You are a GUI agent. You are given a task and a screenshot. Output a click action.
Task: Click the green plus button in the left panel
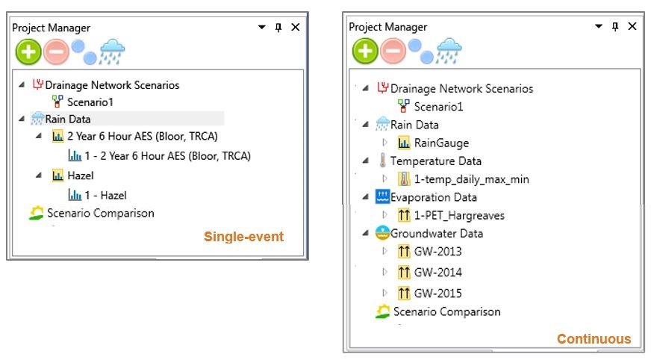pos(28,50)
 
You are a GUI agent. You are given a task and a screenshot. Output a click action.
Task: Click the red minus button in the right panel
pos(393,52)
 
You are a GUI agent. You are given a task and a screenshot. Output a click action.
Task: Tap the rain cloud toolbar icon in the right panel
pos(448,51)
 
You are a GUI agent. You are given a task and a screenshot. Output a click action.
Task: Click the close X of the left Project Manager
pos(296,27)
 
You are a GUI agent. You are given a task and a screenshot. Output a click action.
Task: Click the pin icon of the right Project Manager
pos(615,26)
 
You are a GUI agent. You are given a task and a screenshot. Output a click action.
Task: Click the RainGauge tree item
pos(441,143)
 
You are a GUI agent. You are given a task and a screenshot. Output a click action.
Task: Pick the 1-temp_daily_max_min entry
pos(471,179)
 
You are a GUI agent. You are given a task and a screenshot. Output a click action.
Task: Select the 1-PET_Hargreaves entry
pos(459,216)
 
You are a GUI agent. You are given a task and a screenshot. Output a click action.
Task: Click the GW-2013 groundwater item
pos(437,252)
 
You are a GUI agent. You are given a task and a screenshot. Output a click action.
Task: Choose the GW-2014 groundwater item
pos(437,273)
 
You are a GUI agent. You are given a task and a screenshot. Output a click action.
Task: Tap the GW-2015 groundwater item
pos(437,294)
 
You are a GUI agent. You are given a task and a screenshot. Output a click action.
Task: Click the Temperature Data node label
pos(435,161)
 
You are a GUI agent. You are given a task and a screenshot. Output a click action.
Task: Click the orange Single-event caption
pos(244,237)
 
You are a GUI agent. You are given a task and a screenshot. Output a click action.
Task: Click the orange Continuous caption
pos(594,339)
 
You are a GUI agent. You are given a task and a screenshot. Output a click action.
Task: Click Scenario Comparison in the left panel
pos(100,214)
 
